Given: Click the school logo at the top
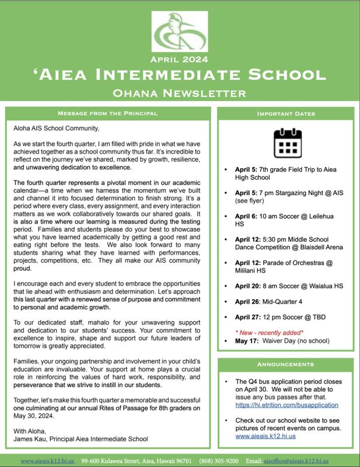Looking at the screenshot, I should (180, 33).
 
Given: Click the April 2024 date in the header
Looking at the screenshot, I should (180, 60).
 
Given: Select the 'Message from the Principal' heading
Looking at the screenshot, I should (108, 113).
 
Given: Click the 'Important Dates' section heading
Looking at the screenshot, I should (286, 113).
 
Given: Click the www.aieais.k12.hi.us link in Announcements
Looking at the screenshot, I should (265, 435).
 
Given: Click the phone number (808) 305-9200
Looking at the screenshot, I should (219, 461).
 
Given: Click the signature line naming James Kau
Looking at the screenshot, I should (81, 438).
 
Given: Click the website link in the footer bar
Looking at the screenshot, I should (47, 461).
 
